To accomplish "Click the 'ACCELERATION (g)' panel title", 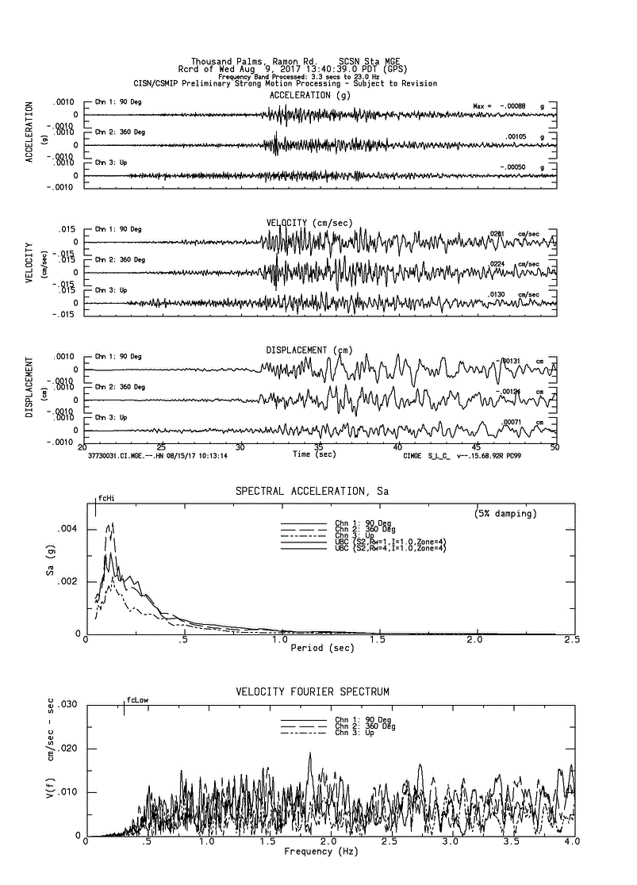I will [309, 95].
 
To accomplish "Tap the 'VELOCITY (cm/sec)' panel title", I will [309, 223].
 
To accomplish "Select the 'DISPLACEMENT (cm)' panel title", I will [308, 350].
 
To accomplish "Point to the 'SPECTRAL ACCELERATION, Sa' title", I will [312, 492].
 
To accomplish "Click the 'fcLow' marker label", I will [137, 699].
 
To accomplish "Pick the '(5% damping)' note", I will [505, 513].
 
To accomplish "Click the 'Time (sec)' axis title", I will [313, 454].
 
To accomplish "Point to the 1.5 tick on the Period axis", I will [378, 639].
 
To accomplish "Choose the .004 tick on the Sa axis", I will [67, 528].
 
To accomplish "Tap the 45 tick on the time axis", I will [477, 446].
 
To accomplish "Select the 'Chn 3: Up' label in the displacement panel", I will [111, 417].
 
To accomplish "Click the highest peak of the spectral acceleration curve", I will [112, 523].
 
